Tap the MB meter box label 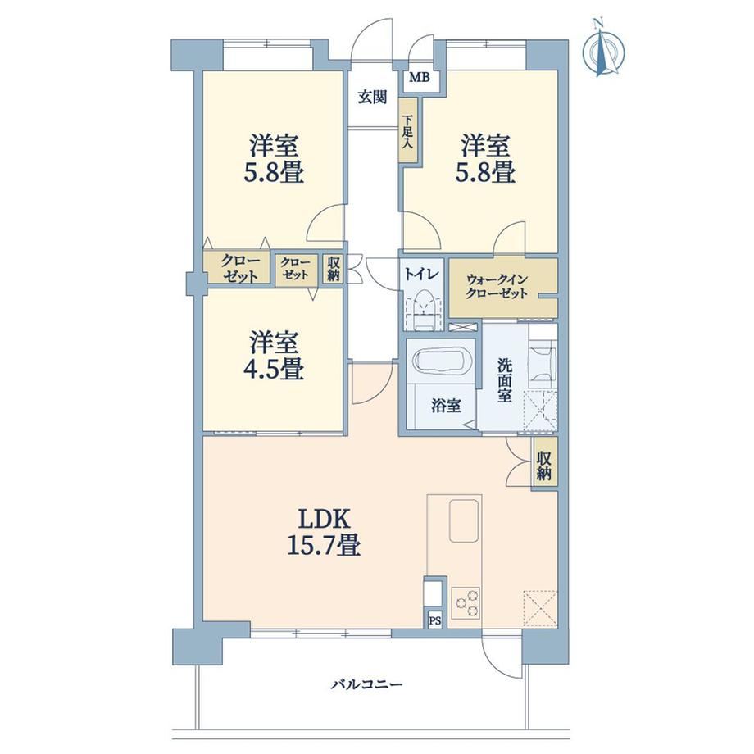pos(420,77)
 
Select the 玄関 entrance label pos(373,98)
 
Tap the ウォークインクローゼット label pos(497,287)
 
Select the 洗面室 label pos(504,380)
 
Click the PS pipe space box pos(434,620)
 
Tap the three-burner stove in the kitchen pos(466,602)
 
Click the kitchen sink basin pos(465,520)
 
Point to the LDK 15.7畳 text pos(324,532)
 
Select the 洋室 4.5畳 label pos(273,356)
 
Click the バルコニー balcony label pos(367,684)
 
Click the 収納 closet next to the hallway pos(334,269)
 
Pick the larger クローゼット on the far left pos(238,269)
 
